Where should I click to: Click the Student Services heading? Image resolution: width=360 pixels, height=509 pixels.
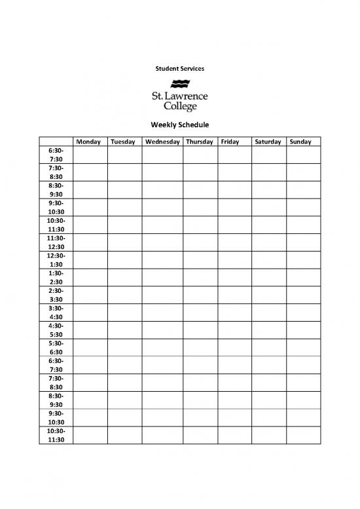[179, 68]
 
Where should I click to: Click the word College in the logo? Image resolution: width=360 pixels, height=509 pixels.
[179, 107]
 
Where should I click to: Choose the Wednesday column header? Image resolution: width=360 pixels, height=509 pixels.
[162, 141]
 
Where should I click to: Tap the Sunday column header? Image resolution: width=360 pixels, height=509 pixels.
[300, 141]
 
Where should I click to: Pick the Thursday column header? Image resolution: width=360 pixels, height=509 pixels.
[200, 141]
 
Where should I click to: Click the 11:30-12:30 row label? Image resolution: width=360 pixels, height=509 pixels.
[56, 242]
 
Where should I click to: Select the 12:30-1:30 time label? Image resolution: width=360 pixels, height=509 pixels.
[56, 260]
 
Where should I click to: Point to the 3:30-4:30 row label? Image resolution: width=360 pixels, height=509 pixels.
[56, 312]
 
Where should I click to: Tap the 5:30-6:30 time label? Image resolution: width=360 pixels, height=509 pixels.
[56, 347]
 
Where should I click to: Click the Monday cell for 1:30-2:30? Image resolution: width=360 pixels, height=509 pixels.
[90, 277]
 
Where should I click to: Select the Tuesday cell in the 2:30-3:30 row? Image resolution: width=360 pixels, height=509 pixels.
[124, 295]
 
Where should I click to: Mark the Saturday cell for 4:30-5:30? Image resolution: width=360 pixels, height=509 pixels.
[268, 330]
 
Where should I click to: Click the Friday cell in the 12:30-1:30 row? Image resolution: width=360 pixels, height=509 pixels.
[234, 260]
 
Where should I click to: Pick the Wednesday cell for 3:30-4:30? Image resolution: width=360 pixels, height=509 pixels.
[162, 312]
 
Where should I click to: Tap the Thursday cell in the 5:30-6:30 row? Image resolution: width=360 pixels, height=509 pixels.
[200, 347]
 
